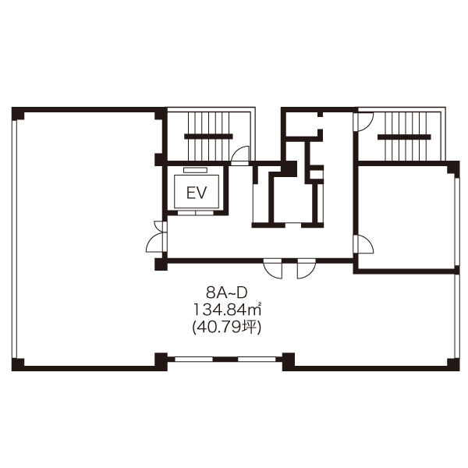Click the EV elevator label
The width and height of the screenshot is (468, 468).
tap(197, 193)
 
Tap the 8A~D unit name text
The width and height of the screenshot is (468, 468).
tap(227, 294)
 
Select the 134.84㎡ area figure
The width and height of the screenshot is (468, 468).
tap(228, 310)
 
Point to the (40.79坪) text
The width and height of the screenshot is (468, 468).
tap(227, 328)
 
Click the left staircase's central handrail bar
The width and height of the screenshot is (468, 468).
tap(208, 136)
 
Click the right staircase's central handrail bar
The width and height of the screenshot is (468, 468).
tap(404, 137)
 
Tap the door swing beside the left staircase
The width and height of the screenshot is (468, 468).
tap(240, 155)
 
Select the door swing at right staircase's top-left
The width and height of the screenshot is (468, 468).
tap(363, 121)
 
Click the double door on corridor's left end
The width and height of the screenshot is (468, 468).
tap(157, 237)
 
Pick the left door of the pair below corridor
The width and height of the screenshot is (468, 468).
tap(272, 268)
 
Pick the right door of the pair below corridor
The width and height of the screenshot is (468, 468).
tap(307, 268)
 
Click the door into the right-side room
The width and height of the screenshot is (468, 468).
tap(363, 244)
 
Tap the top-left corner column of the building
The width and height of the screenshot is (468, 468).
tap(18, 113)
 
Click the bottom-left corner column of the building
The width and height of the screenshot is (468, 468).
tap(18, 365)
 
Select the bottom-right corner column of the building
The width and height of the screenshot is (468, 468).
tap(453, 365)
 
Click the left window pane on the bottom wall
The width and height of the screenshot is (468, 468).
tap(193, 359)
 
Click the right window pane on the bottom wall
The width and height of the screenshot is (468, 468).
tap(257, 359)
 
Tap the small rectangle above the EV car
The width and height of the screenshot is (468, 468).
tap(195, 170)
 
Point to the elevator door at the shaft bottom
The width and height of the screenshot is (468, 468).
tap(196, 213)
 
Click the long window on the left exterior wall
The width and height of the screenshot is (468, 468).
tap(14, 239)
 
